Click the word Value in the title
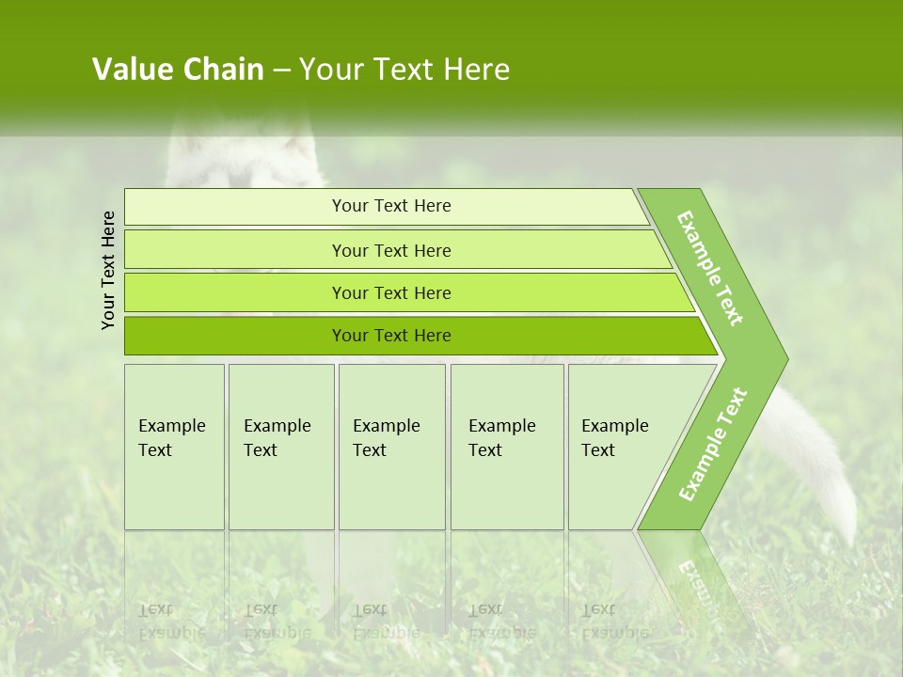(x=129, y=70)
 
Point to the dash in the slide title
(x=281, y=71)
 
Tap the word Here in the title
(x=476, y=70)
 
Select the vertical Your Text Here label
(x=108, y=270)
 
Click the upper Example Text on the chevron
(x=710, y=268)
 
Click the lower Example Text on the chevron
(x=712, y=444)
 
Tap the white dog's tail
(x=828, y=470)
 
